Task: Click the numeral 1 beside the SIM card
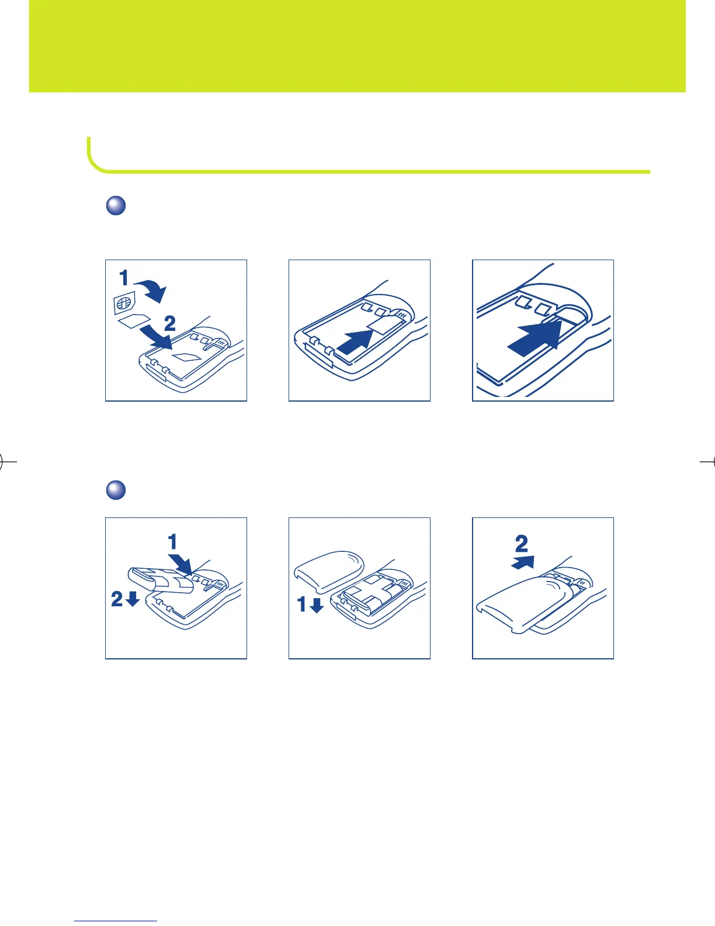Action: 124,278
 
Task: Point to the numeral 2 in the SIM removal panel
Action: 169,323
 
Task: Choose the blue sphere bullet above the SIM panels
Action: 116,206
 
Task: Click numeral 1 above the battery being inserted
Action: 172,543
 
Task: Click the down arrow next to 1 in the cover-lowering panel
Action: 317,605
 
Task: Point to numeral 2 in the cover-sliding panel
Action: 521,544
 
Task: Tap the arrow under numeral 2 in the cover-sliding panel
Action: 523,562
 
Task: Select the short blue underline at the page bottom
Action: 116,921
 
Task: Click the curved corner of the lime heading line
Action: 93,164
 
